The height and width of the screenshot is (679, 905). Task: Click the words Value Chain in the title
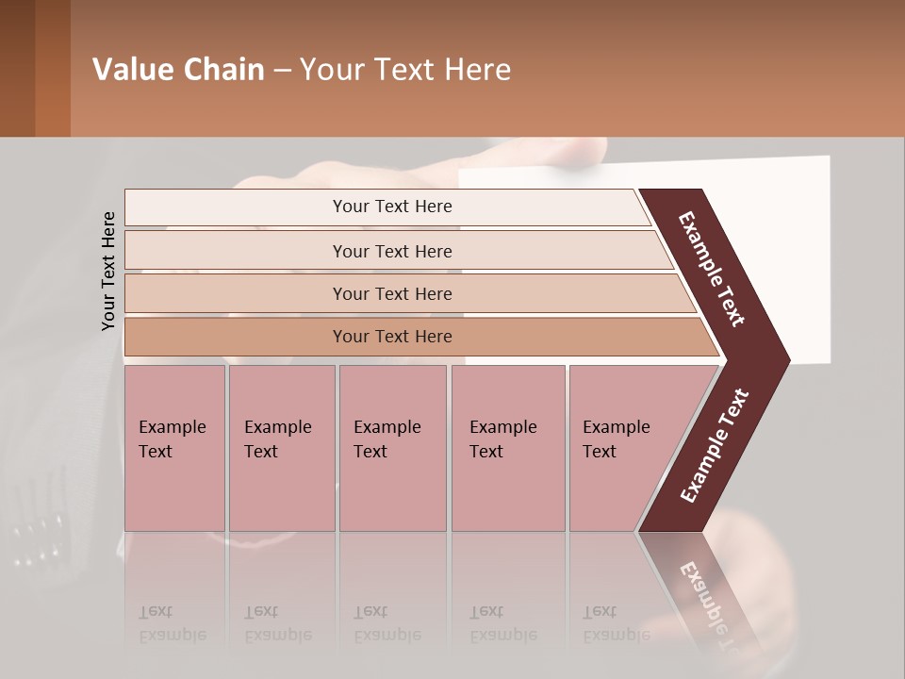click(x=178, y=70)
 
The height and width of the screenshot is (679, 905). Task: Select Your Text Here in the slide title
click(x=405, y=70)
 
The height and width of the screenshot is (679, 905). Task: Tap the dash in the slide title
click(x=282, y=71)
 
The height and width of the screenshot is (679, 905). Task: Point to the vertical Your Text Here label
click(x=108, y=271)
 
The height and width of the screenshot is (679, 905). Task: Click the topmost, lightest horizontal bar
click(x=391, y=207)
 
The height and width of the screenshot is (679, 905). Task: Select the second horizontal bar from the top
click(x=391, y=251)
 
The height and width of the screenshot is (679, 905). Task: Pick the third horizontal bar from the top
click(x=391, y=293)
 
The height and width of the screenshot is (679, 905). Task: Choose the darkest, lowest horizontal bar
click(x=391, y=337)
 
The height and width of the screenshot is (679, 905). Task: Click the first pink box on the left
click(x=174, y=448)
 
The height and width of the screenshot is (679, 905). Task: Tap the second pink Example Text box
click(x=281, y=448)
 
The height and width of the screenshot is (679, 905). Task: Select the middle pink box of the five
click(x=392, y=448)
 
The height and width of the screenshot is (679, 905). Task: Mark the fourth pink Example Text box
click(x=507, y=448)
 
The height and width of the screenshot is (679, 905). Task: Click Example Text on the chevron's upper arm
click(x=713, y=269)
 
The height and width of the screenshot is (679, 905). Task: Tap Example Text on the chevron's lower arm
click(x=715, y=446)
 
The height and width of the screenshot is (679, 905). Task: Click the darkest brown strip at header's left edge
click(x=17, y=68)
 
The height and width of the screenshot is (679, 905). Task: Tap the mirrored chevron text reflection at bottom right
click(x=707, y=604)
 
